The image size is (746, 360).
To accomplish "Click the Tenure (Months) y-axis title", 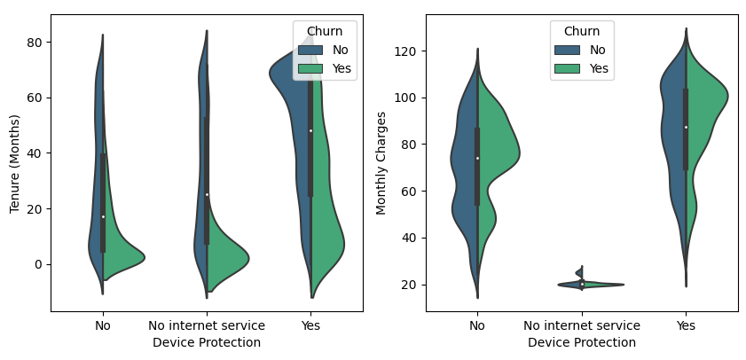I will (14, 162).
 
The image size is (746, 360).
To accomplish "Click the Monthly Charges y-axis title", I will (382, 162).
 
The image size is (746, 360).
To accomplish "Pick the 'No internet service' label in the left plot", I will (207, 325).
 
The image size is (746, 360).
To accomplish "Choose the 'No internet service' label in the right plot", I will (582, 325).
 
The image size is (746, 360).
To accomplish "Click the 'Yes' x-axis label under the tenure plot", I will (310, 325).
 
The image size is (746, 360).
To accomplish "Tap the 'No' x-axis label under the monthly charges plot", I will (477, 325).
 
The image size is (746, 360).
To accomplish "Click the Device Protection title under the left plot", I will (207, 342).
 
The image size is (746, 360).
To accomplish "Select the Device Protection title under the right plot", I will (582, 342).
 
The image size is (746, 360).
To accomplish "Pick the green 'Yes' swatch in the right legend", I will (568, 68).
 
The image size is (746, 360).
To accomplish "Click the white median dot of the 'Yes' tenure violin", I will (310, 130).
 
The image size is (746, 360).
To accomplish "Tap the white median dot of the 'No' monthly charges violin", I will (477, 158).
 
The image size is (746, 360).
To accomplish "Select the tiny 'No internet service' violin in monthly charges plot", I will (582, 284).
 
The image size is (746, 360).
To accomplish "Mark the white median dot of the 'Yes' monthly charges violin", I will (686, 127).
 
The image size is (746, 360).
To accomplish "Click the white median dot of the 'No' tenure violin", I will (103, 216).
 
